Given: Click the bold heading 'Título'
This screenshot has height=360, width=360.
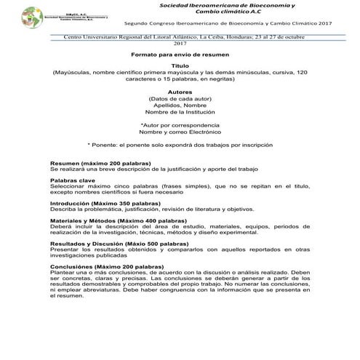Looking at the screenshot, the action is (180, 65).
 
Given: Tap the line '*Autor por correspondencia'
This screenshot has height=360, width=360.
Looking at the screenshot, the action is (180, 126).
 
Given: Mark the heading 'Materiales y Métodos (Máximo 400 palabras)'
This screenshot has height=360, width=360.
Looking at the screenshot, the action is (109, 219).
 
